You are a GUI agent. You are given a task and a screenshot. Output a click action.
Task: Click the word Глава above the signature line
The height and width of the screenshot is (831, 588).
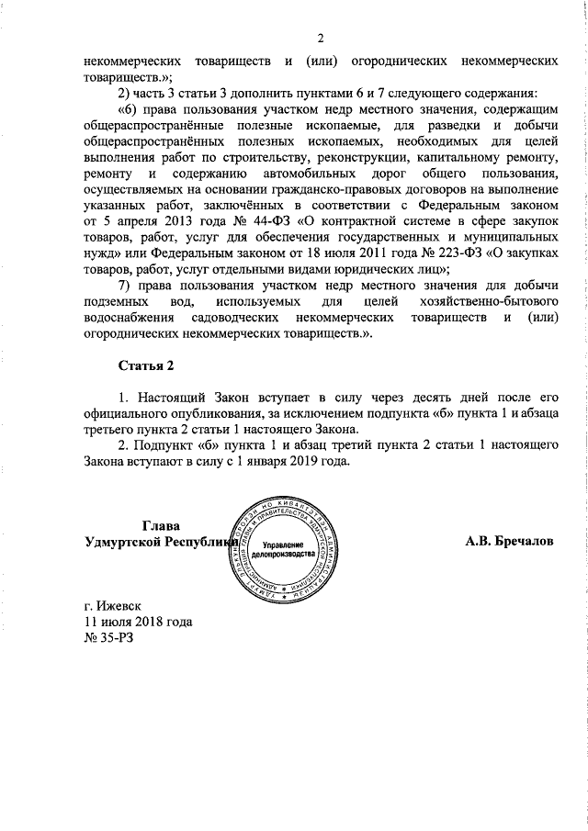(162, 526)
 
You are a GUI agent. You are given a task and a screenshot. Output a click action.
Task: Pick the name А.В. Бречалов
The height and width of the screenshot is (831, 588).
(510, 541)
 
